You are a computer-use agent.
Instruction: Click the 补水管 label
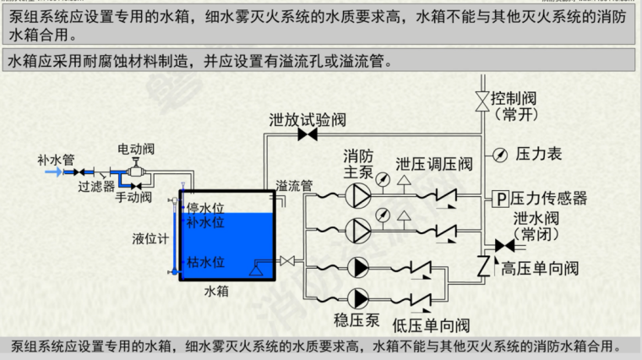point(56,158)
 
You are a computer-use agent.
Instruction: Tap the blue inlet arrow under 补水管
point(53,172)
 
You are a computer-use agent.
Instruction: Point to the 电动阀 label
point(135,148)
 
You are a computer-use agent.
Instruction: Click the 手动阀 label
point(133,197)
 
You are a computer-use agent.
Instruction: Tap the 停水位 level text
point(204,208)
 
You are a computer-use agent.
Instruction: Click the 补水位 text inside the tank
point(204,223)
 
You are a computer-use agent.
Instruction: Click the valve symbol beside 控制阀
point(482,100)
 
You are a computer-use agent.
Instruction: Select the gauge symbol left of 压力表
point(499,154)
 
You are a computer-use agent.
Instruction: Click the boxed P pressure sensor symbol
point(500,199)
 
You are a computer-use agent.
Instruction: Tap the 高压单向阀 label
point(540,269)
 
